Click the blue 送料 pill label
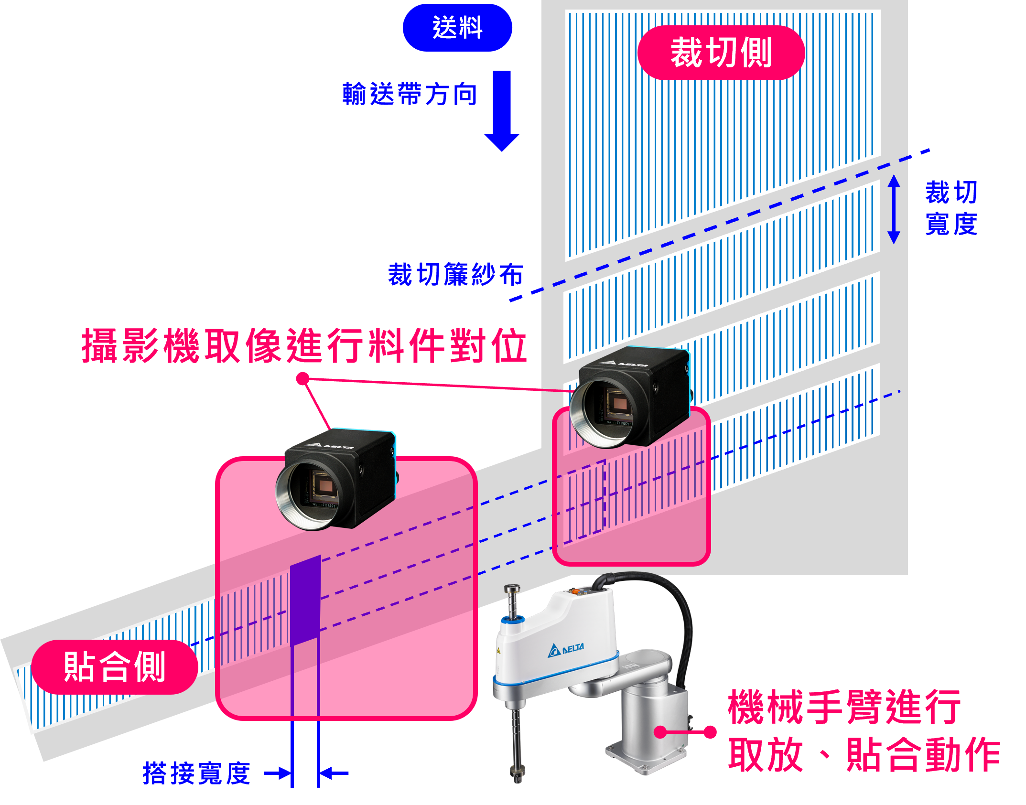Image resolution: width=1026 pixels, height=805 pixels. coord(457,28)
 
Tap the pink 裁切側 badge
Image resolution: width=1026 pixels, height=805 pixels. coord(721,53)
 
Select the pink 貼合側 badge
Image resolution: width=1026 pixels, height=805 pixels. coord(115,666)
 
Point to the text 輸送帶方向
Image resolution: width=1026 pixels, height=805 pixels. coord(410,94)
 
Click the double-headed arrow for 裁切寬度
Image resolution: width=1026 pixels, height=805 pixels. coord(894,209)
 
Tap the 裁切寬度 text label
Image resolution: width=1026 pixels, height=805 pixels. coord(951,208)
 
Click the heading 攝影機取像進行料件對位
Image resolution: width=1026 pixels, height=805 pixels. coord(304,345)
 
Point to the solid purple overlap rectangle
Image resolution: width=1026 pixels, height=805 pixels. coord(305,600)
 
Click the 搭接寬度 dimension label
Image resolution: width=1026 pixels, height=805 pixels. coord(196,773)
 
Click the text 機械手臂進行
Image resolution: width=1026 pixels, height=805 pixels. coord(844,707)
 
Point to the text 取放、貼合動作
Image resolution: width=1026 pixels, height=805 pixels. coord(863,755)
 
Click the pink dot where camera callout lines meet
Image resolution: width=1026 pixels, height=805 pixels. coord(303,379)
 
